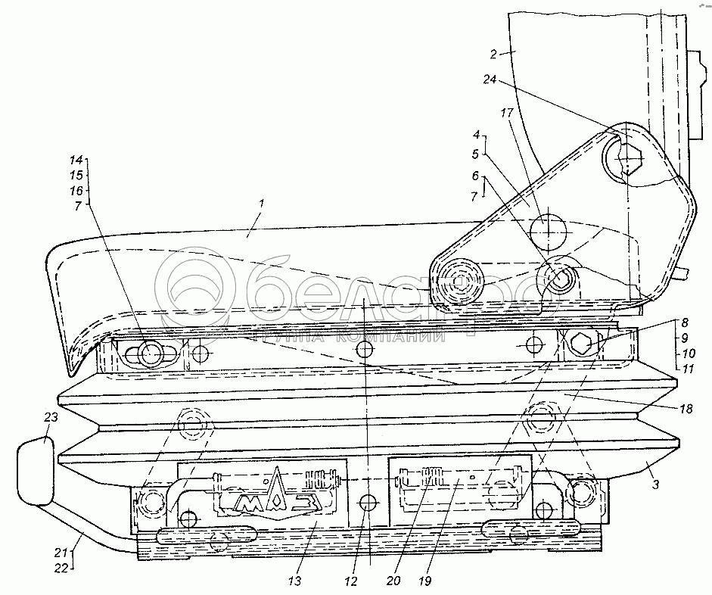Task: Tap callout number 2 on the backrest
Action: point(493,54)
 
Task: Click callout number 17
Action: point(506,114)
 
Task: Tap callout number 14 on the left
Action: point(76,161)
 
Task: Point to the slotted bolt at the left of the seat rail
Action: point(151,353)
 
